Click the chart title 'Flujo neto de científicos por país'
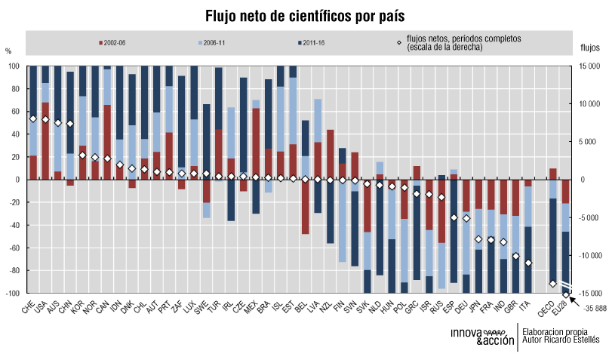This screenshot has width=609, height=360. click(x=305, y=16)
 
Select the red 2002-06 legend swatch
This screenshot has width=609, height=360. click(x=100, y=42)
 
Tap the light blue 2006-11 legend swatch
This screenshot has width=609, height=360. click(x=199, y=42)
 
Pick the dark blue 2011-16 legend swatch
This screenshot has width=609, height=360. click(x=299, y=42)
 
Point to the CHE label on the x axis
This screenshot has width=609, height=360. click(x=28, y=308)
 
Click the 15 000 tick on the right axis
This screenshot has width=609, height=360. click(x=589, y=66)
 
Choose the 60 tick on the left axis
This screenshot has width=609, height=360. click(x=13, y=112)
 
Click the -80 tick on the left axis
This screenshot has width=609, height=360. click(x=12, y=270)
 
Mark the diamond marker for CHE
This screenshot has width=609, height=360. click(x=32, y=118)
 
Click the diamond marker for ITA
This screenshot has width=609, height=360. click(x=528, y=263)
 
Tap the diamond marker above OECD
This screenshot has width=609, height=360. click(x=553, y=283)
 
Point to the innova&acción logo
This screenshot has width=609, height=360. click(x=481, y=336)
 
